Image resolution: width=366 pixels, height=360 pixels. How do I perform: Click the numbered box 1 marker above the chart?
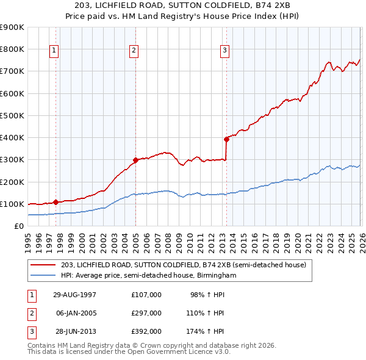click(x=54, y=50)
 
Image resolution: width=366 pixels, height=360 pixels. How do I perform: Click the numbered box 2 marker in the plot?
click(x=134, y=50)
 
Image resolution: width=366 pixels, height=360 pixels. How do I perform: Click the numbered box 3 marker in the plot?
click(x=224, y=50)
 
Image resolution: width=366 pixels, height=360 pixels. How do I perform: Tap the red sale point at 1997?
click(x=56, y=202)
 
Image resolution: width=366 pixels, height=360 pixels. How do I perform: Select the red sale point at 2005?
click(x=135, y=160)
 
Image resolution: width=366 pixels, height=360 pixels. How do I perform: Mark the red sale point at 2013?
click(x=226, y=139)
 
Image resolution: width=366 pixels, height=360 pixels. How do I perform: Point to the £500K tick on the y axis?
click(x=12, y=115)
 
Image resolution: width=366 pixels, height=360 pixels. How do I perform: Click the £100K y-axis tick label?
click(x=12, y=204)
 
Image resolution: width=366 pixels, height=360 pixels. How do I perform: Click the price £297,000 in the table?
click(x=146, y=312)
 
